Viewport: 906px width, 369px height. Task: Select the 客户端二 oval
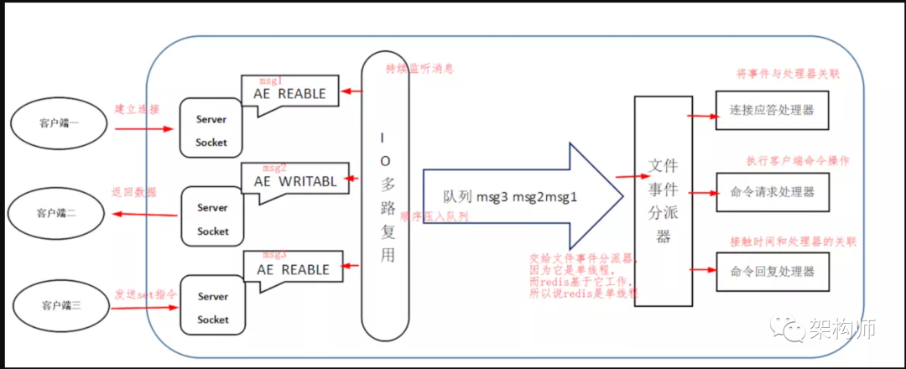pyautogui.click(x=57, y=213)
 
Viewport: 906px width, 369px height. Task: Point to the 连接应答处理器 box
pyautogui.click(x=771, y=110)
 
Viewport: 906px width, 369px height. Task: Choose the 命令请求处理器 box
pyautogui.click(x=771, y=192)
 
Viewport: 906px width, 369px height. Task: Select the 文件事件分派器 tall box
pyautogui.click(x=664, y=200)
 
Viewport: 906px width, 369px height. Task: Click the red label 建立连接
pyautogui.click(x=137, y=110)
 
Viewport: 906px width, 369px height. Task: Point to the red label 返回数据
pyautogui.click(x=133, y=192)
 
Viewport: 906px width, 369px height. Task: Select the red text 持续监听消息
pyautogui.click(x=419, y=68)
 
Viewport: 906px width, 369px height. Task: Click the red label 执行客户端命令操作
pyautogui.click(x=797, y=160)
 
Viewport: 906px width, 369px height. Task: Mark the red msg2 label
pyautogui.click(x=274, y=168)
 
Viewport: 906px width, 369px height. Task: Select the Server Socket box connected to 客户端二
pyautogui.click(x=212, y=219)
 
